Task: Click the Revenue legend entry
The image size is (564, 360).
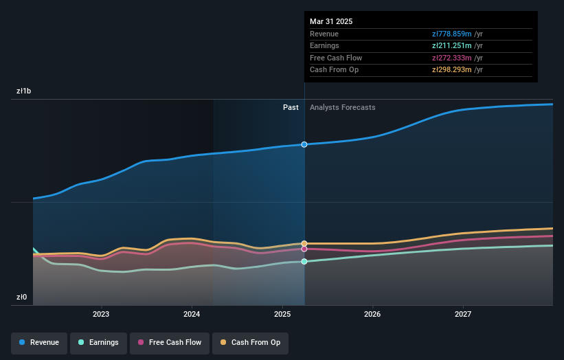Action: [x=39, y=342]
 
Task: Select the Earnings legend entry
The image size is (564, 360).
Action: [x=98, y=342]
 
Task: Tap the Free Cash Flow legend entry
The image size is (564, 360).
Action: [x=170, y=342]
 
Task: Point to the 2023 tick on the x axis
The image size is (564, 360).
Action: [x=101, y=314]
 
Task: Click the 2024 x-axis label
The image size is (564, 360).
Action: [x=192, y=314]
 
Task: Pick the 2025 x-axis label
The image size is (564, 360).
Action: [x=282, y=314]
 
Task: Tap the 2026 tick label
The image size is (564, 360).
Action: [x=372, y=314]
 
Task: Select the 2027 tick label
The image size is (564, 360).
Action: [x=463, y=314]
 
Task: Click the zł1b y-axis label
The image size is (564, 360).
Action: [x=24, y=91]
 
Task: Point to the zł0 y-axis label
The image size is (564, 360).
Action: [x=22, y=297]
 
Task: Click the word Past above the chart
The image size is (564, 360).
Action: [x=291, y=107]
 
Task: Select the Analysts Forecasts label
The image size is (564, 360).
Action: [x=343, y=107]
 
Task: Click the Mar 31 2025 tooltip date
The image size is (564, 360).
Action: [x=331, y=21]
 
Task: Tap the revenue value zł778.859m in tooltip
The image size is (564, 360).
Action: [x=452, y=34]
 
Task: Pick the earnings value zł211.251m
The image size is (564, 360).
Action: [x=452, y=46]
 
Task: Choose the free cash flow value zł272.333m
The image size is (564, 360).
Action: [x=452, y=58]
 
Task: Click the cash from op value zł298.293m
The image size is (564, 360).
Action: [x=452, y=69]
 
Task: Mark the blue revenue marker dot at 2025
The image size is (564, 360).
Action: [x=304, y=144]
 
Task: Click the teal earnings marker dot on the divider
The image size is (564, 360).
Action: [x=304, y=261]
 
